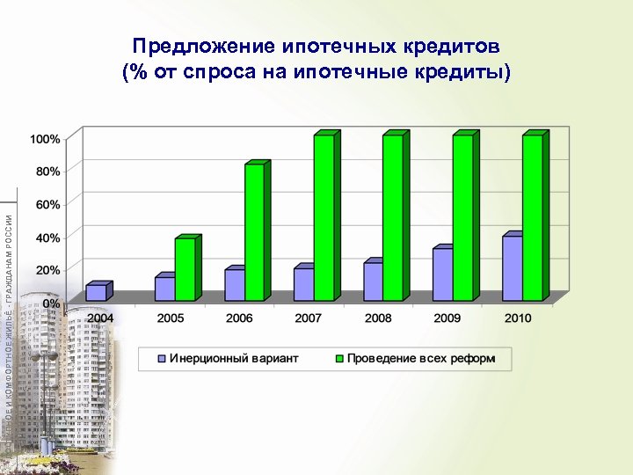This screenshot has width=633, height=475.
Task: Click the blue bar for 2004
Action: (x=96, y=293)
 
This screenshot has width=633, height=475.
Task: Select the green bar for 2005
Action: (x=185, y=270)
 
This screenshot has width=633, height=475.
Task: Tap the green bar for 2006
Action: (x=254, y=232)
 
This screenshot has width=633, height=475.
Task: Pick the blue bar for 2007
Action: (x=303, y=284)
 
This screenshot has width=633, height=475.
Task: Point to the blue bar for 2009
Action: (x=442, y=274)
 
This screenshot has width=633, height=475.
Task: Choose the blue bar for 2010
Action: (x=512, y=268)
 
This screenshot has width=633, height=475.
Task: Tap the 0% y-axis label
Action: (x=52, y=303)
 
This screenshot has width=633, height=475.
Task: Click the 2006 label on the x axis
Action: (x=239, y=318)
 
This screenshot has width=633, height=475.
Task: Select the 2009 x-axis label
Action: (x=448, y=318)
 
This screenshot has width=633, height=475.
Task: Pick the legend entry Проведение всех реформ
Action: (x=420, y=358)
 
